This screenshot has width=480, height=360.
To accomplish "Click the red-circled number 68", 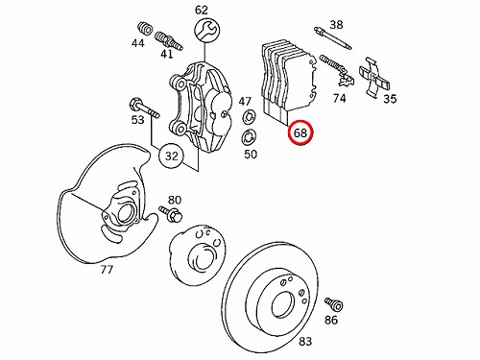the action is pos(300,132).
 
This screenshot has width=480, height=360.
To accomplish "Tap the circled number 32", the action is pos(172,156).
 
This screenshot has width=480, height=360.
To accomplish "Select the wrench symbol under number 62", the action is pos(207,31).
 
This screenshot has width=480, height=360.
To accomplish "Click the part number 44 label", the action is pos(138,43).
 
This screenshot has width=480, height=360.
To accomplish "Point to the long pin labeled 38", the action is pos(333,38).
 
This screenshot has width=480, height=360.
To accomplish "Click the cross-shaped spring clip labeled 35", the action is pos(374,77).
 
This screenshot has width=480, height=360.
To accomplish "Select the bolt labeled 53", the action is pos(144,108).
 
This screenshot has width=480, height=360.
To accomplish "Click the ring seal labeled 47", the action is pos(250,116).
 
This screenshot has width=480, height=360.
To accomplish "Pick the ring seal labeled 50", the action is pos(249,138).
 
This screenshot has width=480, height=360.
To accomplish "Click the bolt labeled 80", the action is pos(171,214).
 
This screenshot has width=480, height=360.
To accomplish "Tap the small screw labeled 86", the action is pos(334,304).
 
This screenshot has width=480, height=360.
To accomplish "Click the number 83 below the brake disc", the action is pos(305,342).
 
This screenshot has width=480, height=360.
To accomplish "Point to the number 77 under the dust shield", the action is pos(107,270).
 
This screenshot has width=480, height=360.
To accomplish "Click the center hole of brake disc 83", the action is pos(283,305).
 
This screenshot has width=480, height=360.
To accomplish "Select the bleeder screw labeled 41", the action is pos(169,41).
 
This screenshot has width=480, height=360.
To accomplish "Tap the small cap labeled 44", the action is pos(145,28).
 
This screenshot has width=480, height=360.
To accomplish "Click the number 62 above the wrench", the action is pos(202,11).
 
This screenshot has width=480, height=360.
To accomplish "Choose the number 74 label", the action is pos(339,98).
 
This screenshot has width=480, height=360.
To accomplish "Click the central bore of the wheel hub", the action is pos(201,257).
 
